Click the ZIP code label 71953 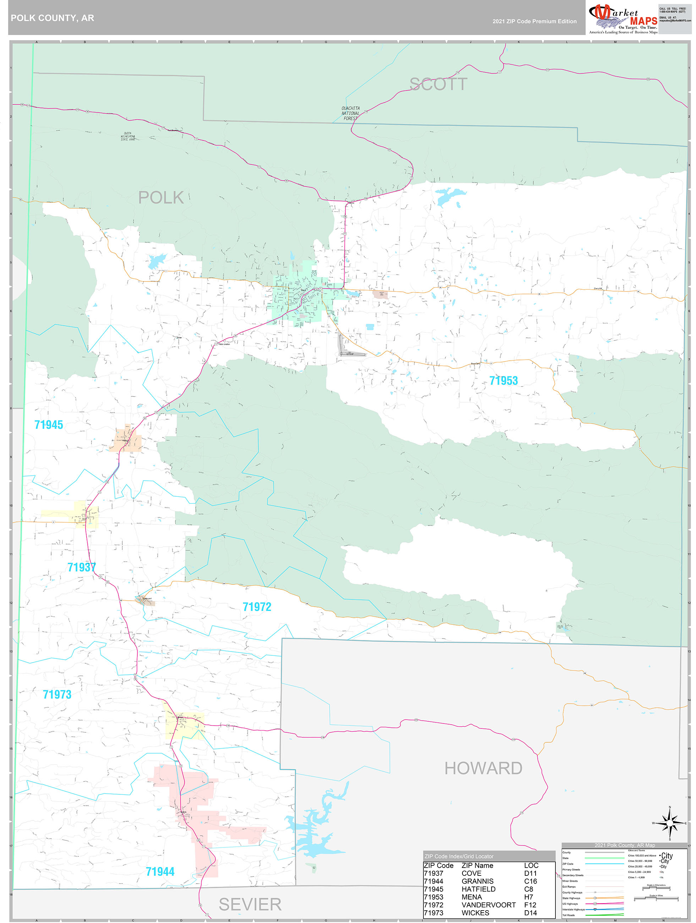click(503, 381)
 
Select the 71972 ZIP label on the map click(257, 607)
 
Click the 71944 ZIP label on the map click(160, 871)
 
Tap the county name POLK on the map click(161, 197)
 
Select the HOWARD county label click(483, 768)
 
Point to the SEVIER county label click(250, 904)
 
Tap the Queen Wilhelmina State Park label click(128, 136)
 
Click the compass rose click(669, 823)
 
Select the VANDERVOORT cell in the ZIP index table click(488, 905)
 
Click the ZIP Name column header click(477, 865)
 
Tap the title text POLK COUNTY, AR click(52, 18)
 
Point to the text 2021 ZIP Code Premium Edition click(534, 21)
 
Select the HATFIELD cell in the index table click(478, 889)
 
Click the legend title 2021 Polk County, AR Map click(624, 845)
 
